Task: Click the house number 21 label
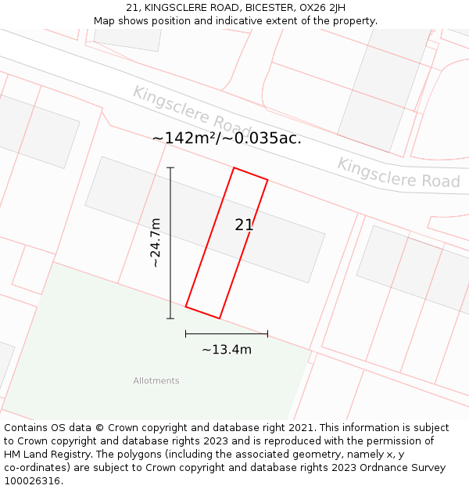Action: [244, 225]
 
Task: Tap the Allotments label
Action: [156, 381]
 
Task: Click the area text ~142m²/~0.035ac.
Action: [227, 138]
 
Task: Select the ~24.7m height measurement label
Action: [156, 243]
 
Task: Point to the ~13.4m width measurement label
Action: [227, 350]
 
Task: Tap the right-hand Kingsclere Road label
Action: [399, 173]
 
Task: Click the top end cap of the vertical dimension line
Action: [170, 167]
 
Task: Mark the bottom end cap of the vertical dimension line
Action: [170, 318]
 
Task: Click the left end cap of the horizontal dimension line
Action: [186, 333]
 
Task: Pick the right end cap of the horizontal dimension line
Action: [267, 333]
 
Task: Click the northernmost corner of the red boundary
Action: [234, 167]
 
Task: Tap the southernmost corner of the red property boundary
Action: [219, 318]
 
